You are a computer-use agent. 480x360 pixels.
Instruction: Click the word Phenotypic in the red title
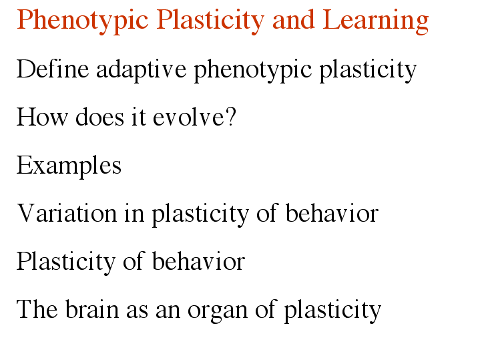(x=83, y=21)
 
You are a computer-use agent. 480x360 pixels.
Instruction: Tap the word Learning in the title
(x=376, y=21)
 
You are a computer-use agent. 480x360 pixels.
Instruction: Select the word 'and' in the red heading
(x=294, y=19)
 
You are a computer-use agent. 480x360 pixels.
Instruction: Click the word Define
(x=53, y=69)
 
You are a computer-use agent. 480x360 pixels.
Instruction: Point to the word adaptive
(x=141, y=71)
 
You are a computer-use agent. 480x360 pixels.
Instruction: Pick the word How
(x=42, y=116)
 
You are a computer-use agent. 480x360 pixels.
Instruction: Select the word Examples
(x=69, y=166)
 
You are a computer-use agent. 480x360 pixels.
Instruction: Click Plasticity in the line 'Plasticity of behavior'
(x=66, y=262)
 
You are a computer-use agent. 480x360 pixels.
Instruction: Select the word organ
(x=218, y=312)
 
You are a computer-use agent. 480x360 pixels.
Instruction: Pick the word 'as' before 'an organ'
(x=137, y=312)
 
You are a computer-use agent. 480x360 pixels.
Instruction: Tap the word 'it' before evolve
(x=138, y=116)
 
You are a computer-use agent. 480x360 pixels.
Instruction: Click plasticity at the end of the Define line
(x=368, y=71)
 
